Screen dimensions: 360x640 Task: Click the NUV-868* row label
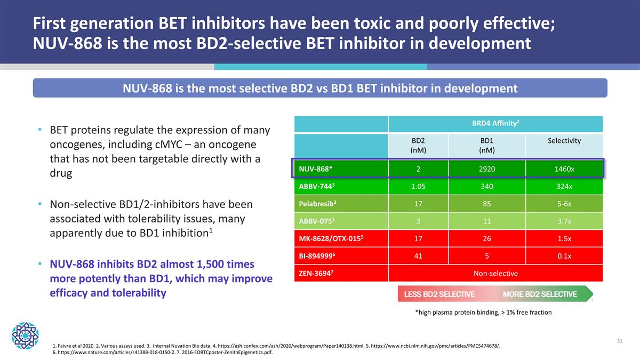[x=316, y=170]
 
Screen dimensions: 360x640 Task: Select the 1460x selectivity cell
[x=564, y=170]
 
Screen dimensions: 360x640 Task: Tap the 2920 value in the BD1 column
[x=486, y=170]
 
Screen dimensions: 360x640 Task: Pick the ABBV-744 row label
[x=318, y=187]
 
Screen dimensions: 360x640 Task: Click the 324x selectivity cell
[x=564, y=187]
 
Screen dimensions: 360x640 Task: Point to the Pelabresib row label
[x=318, y=204]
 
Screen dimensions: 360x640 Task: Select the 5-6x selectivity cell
[x=564, y=204]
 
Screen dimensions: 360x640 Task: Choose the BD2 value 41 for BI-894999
[x=418, y=256]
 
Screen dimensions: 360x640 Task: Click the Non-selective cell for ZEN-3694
[x=495, y=273]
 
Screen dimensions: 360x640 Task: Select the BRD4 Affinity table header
[x=495, y=124]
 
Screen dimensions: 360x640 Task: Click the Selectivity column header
[x=564, y=141]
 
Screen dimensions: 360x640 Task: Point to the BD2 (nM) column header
[x=418, y=145]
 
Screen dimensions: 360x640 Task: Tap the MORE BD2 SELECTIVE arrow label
[x=539, y=294]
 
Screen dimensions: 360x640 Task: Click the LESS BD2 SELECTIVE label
[x=439, y=294]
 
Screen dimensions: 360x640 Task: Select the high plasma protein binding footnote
[x=483, y=313]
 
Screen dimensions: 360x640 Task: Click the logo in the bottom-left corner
[x=25, y=334]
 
